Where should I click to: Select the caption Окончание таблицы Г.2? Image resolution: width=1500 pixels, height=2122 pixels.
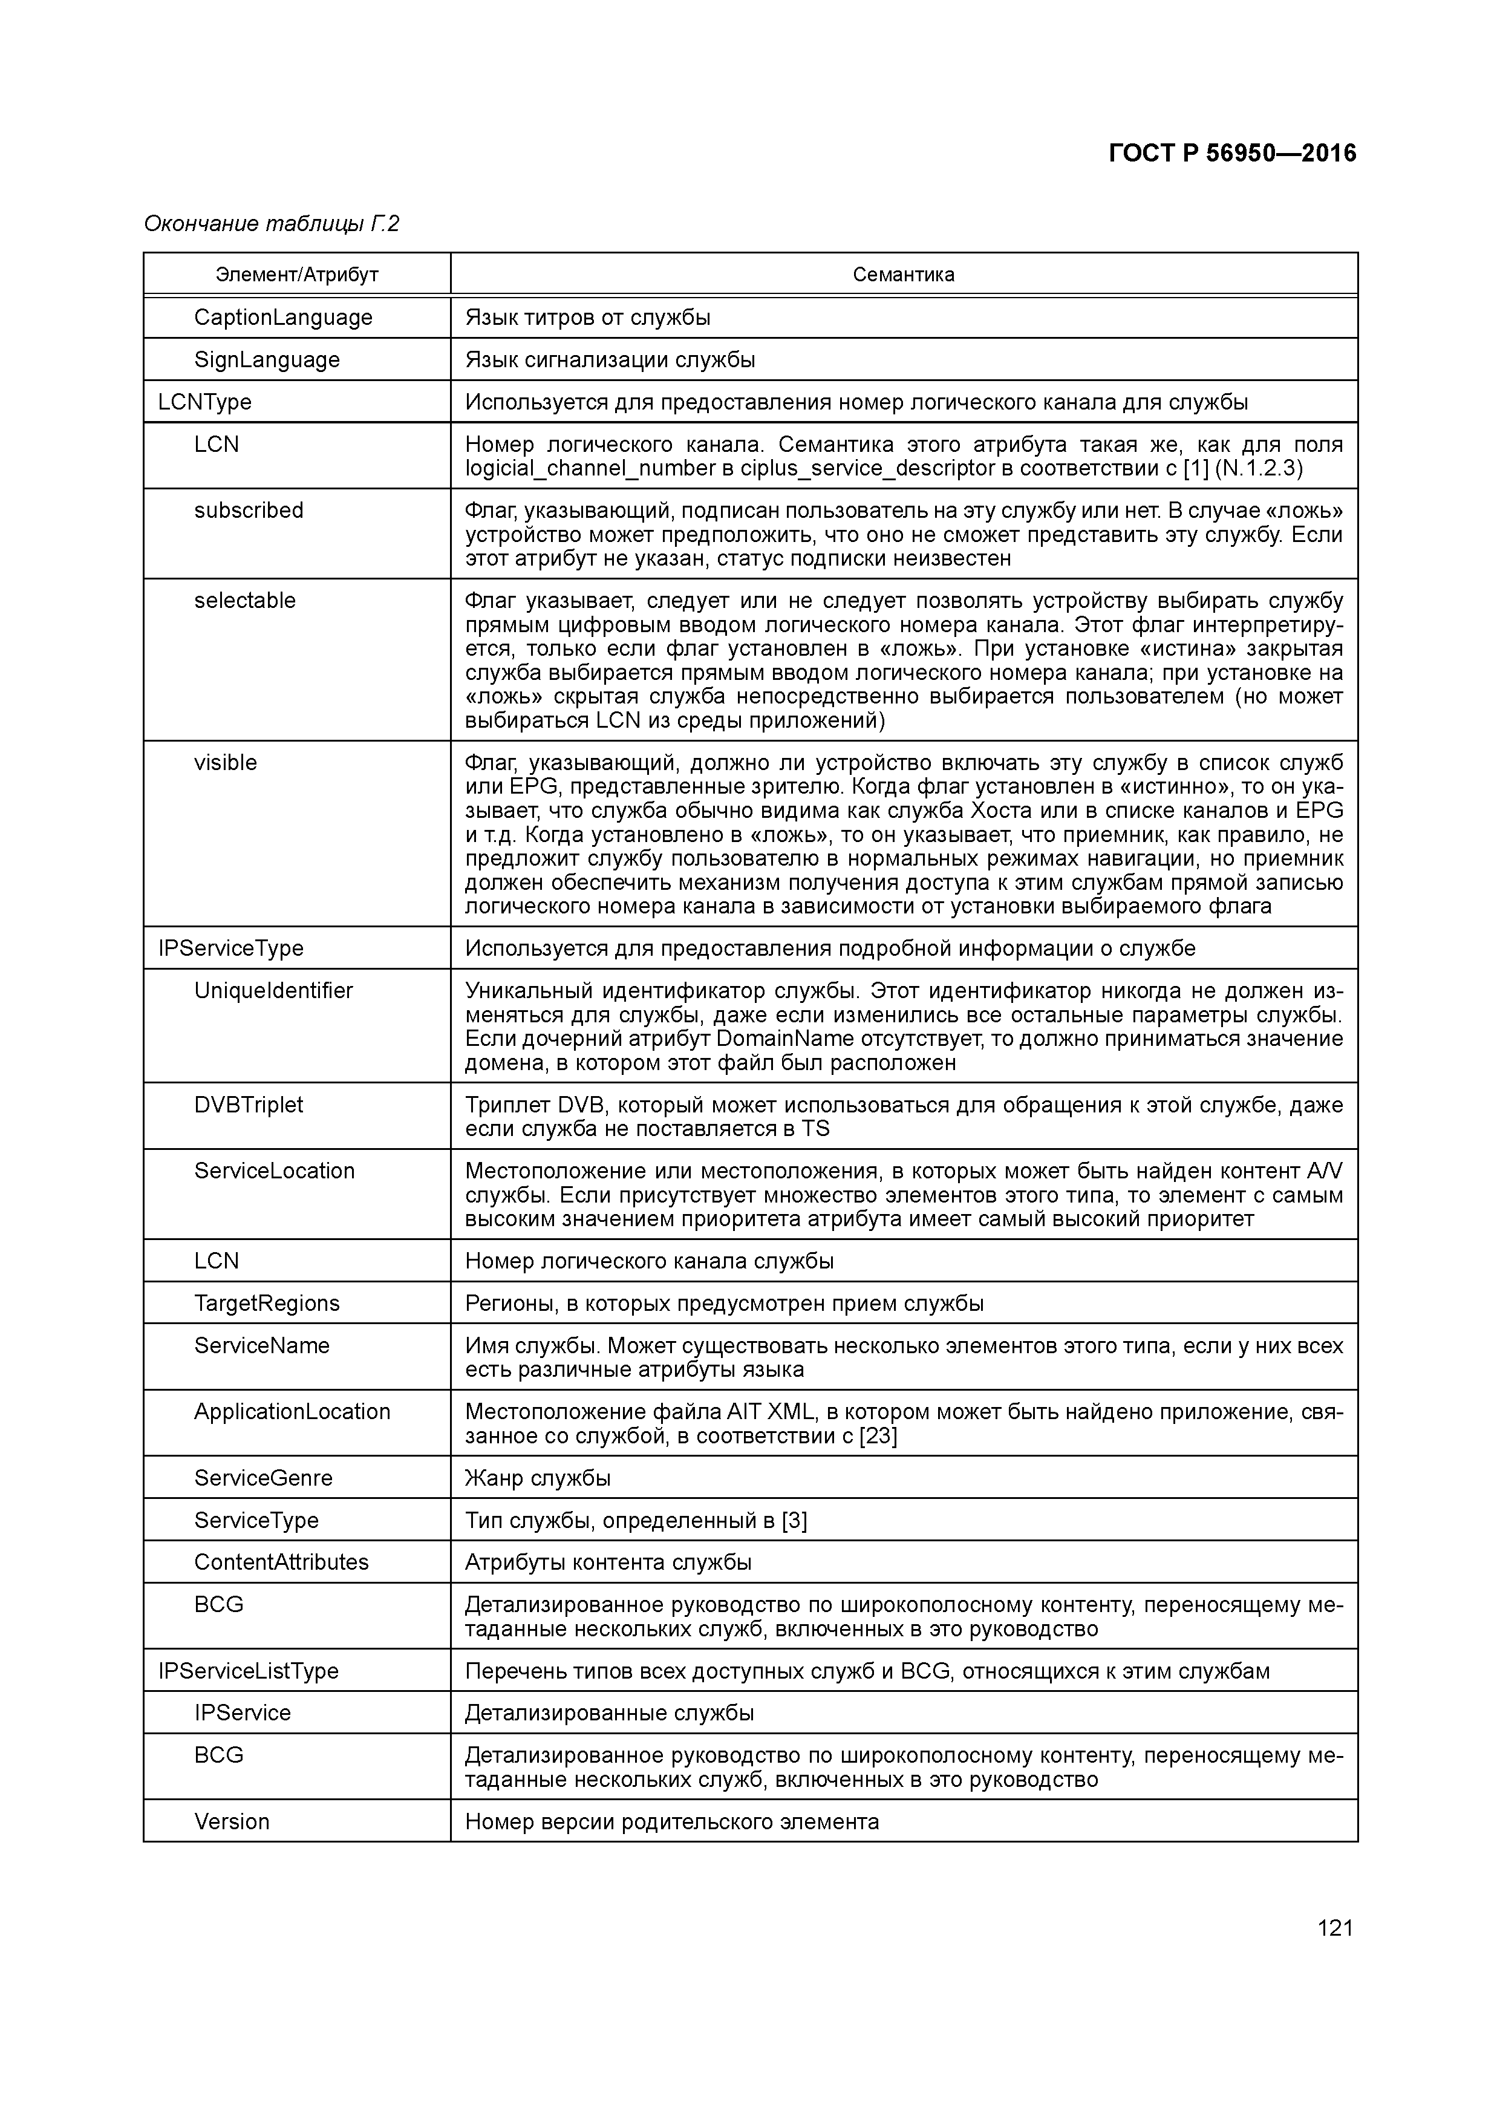(x=272, y=224)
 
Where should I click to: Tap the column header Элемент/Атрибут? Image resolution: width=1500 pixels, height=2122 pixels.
(x=296, y=275)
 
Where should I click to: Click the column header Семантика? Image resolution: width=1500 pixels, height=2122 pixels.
(x=903, y=275)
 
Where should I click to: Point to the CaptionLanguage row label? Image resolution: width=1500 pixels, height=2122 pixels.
(x=283, y=317)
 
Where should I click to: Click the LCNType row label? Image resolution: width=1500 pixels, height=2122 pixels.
(x=204, y=402)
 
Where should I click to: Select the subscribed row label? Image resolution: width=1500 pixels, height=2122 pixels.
(x=249, y=510)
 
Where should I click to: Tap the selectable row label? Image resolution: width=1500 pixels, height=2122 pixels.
(x=245, y=601)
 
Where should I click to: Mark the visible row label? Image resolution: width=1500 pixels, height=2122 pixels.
(x=226, y=762)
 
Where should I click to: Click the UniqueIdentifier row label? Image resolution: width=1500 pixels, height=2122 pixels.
(x=273, y=991)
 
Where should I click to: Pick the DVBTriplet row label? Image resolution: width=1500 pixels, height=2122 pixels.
(x=249, y=1105)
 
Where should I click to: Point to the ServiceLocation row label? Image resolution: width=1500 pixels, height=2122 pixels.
(x=275, y=1171)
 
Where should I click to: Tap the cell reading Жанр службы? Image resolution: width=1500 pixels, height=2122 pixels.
(x=538, y=1478)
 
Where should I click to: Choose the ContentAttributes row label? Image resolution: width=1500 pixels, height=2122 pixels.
(x=281, y=1562)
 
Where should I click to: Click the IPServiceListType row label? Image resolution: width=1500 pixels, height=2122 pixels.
(x=249, y=1671)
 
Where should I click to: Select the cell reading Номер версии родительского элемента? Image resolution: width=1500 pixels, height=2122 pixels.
(x=672, y=1821)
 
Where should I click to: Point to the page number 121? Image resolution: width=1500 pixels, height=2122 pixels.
(x=1334, y=1927)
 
